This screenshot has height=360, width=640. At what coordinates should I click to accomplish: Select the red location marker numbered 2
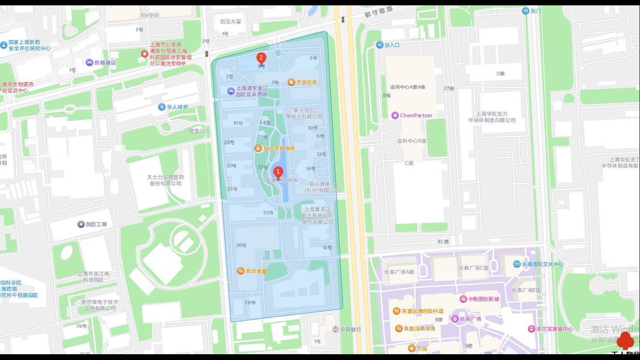click(261, 58)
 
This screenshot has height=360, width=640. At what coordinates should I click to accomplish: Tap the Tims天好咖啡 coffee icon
click(258, 148)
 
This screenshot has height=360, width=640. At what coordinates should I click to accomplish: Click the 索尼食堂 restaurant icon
click(241, 271)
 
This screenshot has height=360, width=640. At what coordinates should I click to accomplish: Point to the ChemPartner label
click(416, 115)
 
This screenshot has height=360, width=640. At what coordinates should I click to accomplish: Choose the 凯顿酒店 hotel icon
click(90, 62)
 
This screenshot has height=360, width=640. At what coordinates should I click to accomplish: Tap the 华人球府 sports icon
click(162, 107)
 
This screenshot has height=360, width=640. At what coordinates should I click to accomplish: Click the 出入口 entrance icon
click(379, 45)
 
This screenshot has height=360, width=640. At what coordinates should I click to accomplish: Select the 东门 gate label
click(536, 11)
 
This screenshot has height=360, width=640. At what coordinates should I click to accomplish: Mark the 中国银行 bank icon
click(336, 330)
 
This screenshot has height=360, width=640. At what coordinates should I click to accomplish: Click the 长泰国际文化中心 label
click(542, 264)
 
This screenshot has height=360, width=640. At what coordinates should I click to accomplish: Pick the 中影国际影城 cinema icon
click(464, 299)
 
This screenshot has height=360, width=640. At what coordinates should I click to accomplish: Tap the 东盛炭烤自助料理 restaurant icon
click(396, 311)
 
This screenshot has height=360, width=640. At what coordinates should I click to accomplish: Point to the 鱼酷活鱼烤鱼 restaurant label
click(419, 329)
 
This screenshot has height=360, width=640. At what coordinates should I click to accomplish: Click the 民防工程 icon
click(81, 224)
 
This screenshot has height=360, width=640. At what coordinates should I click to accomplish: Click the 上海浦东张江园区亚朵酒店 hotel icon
click(231, 91)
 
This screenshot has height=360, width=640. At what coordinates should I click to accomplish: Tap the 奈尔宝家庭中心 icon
click(531, 329)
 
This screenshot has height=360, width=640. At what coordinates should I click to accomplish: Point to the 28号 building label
click(250, 303)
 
